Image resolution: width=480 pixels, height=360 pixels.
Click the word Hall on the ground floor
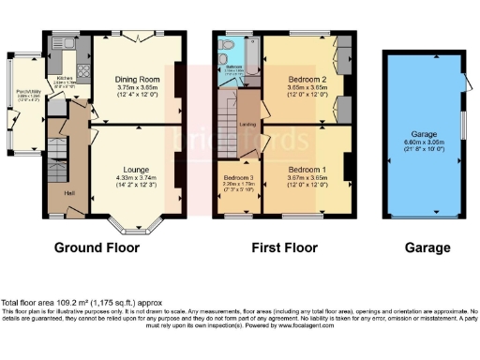pos(69,194)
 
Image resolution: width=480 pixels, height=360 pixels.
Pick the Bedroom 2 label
pos(307,79)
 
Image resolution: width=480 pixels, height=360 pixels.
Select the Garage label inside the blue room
pos(427,134)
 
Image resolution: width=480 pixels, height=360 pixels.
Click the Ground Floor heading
pos(97,248)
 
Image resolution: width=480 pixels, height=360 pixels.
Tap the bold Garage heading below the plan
pos(427,248)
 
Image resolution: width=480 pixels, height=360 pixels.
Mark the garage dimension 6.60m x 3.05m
pos(427,142)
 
